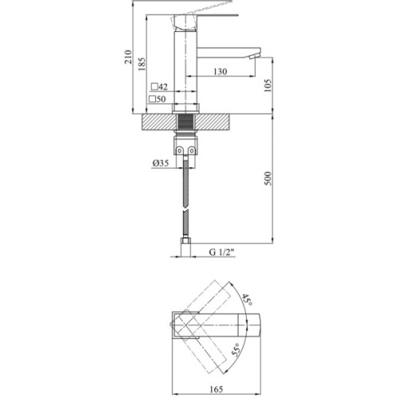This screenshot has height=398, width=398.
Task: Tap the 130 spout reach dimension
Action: [x=220, y=72]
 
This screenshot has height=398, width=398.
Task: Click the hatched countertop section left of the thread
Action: [x=158, y=122]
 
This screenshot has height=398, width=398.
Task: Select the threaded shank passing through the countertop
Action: [x=185, y=123]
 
